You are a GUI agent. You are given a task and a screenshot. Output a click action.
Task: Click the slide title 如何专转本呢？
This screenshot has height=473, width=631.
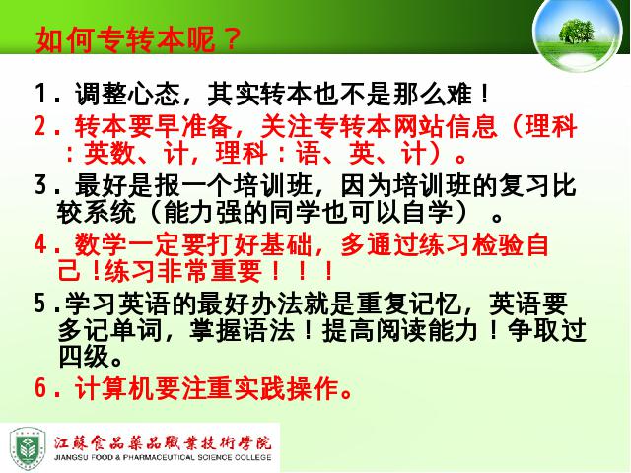pyautogui.click(x=138, y=39)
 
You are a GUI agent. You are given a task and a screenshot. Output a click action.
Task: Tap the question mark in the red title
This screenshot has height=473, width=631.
pyautogui.click(x=230, y=39)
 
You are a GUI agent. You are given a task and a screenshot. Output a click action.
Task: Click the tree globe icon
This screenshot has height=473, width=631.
pyautogui.click(x=577, y=34)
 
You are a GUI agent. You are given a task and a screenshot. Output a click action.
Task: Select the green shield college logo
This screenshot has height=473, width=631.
pyautogui.click(x=28, y=448)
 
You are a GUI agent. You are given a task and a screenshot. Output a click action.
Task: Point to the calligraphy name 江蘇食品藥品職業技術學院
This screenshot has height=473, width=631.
pyautogui.click(x=163, y=443)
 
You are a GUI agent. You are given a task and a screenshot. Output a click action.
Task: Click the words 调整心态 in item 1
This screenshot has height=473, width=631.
pyautogui.click(x=127, y=95)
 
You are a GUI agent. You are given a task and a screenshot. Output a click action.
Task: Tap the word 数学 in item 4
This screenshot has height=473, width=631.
pyautogui.click(x=101, y=244)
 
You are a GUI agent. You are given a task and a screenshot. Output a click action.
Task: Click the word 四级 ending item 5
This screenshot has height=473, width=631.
pyautogui.click(x=84, y=357)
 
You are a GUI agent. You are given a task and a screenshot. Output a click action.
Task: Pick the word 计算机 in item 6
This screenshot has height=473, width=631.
pyautogui.click(x=114, y=388)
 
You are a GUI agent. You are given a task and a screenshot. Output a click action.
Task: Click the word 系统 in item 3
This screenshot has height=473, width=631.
pyautogui.click(x=109, y=212)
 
